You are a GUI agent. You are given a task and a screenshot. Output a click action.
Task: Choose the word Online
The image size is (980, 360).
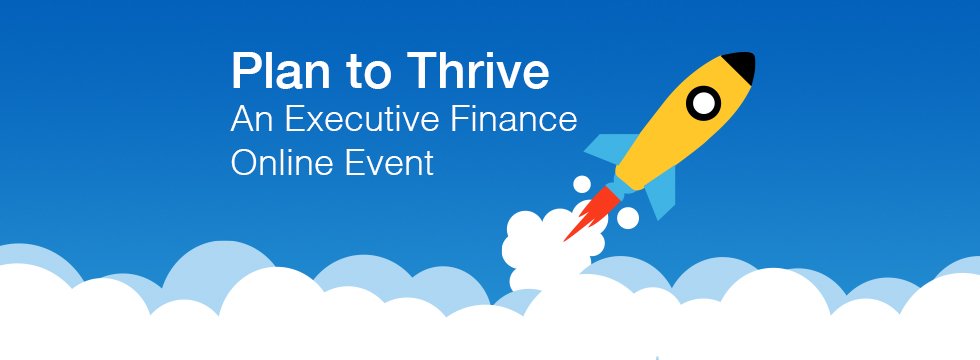tap(282, 162)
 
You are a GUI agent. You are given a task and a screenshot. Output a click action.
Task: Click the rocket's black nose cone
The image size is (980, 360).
tap(741, 65)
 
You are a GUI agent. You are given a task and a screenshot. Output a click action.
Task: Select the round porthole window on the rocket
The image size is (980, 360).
tap(704, 103)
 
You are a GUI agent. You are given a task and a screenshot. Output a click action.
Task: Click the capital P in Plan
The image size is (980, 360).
tap(245, 71)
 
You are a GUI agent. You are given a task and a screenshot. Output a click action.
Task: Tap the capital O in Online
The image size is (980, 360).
tap(244, 162)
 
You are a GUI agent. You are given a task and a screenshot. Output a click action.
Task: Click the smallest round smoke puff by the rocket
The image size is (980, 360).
tap(582, 184)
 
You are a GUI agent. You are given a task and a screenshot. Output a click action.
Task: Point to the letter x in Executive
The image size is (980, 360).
tap(315, 122)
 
